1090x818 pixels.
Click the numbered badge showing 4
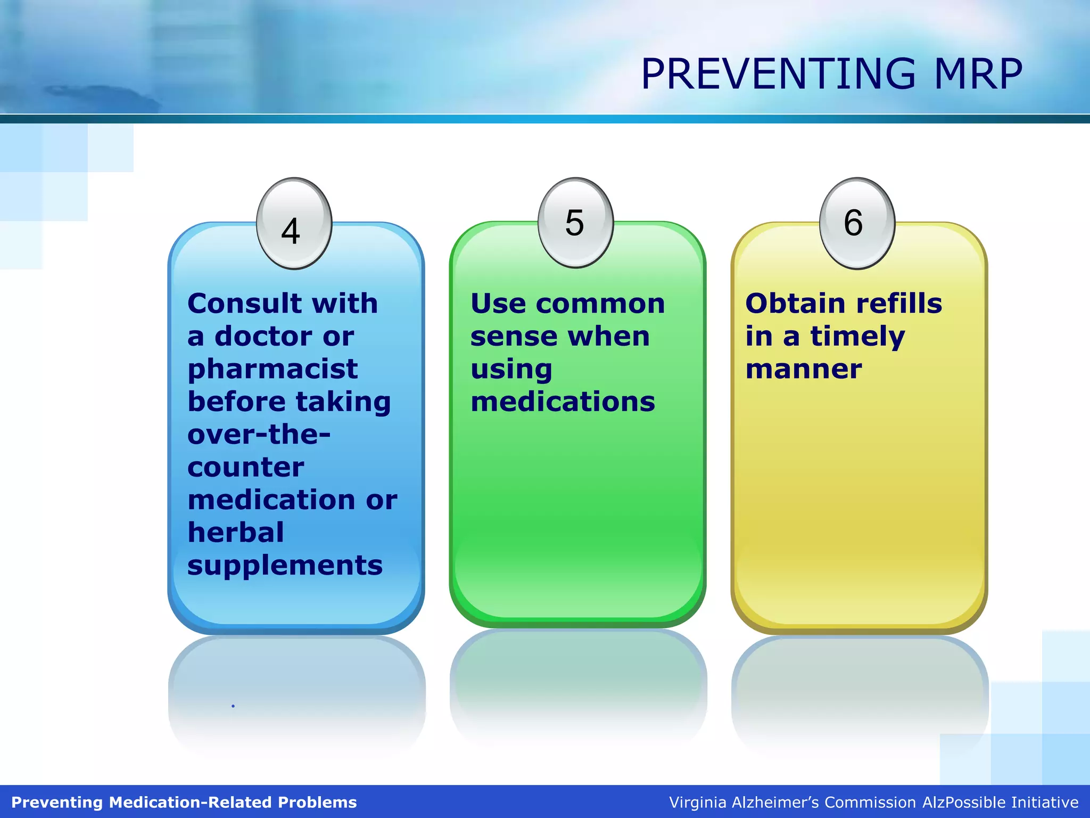[294, 224]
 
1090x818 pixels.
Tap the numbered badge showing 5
[575, 223]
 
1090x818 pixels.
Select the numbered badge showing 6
[856, 223]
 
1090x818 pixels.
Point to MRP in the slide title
[978, 74]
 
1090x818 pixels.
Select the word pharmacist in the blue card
[272, 369]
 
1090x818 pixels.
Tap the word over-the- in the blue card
[259, 435]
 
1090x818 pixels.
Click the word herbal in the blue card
[236, 533]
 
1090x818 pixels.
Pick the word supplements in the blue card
[285, 566]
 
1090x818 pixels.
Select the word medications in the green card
[563, 402]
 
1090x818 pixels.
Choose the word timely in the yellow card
[857, 337]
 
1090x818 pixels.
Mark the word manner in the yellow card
[803, 370]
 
